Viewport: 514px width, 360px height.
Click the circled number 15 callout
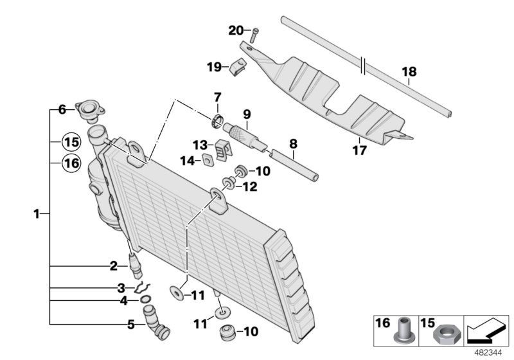[x=71, y=141]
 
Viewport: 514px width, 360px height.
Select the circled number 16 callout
[x=71, y=164]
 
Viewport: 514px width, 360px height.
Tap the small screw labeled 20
[x=254, y=35]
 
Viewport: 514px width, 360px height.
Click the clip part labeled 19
[x=238, y=66]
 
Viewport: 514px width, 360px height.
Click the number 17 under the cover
[x=359, y=151]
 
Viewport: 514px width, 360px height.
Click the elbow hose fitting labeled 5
[x=157, y=322]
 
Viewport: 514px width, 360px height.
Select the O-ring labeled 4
[x=146, y=300]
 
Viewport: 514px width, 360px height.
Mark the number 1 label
[x=37, y=213]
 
